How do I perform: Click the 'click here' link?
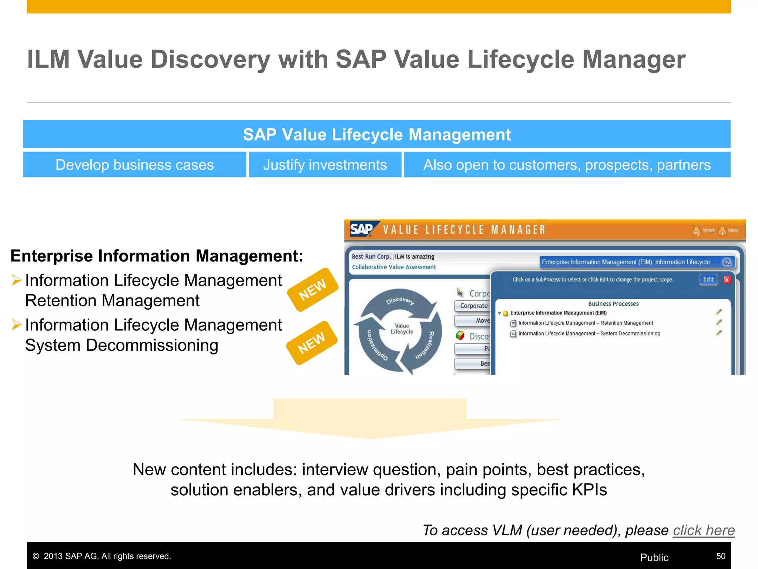pos(703,530)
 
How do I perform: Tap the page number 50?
pos(720,556)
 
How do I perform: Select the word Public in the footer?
pos(654,558)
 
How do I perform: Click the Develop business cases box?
pos(134,165)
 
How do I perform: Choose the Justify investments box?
pos(325,165)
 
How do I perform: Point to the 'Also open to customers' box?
pos(567,165)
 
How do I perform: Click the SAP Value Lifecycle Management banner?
pos(377,134)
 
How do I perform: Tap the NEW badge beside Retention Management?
pos(313,290)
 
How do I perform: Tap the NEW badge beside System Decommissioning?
pos(312,343)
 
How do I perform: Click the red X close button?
pos(727,280)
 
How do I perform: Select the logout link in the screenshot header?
pos(733,230)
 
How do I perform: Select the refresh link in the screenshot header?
pos(708,230)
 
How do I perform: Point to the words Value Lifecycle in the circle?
pos(402,329)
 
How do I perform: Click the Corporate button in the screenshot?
pos(473,306)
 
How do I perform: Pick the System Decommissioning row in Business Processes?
pos(589,333)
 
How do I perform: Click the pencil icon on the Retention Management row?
pos(718,322)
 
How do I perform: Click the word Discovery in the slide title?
pos(210,59)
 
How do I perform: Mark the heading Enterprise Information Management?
pos(157,256)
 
